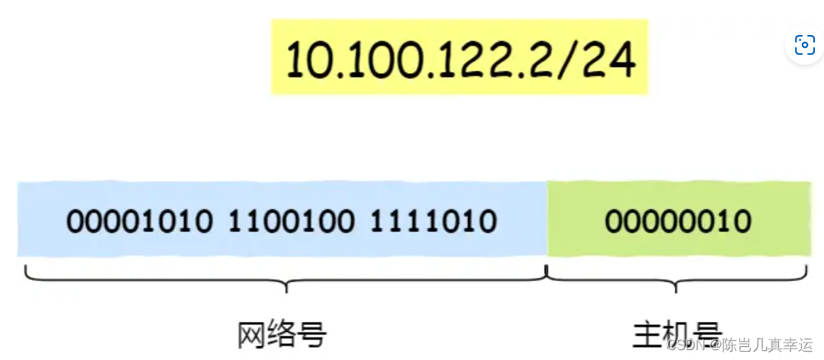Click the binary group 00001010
(139, 221)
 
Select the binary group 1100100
(291, 221)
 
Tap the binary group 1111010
(433, 221)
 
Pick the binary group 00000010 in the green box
(678, 221)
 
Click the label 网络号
(282, 333)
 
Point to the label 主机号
(678, 333)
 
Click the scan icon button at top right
(804, 45)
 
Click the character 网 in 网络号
(251, 333)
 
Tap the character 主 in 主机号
(647, 333)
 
